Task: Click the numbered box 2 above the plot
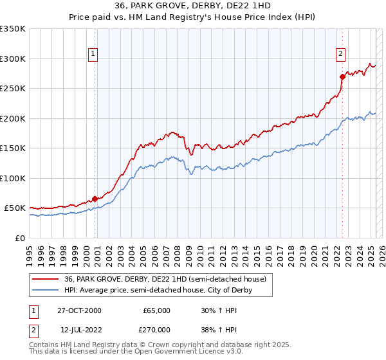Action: [x=340, y=54]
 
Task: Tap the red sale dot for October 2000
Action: [x=95, y=199]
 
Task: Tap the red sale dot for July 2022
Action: [x=342, y=76]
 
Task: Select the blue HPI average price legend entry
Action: [x=158, y=290]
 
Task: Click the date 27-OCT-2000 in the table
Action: [x=79, y=310]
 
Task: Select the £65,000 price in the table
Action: [x=156, y=310]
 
